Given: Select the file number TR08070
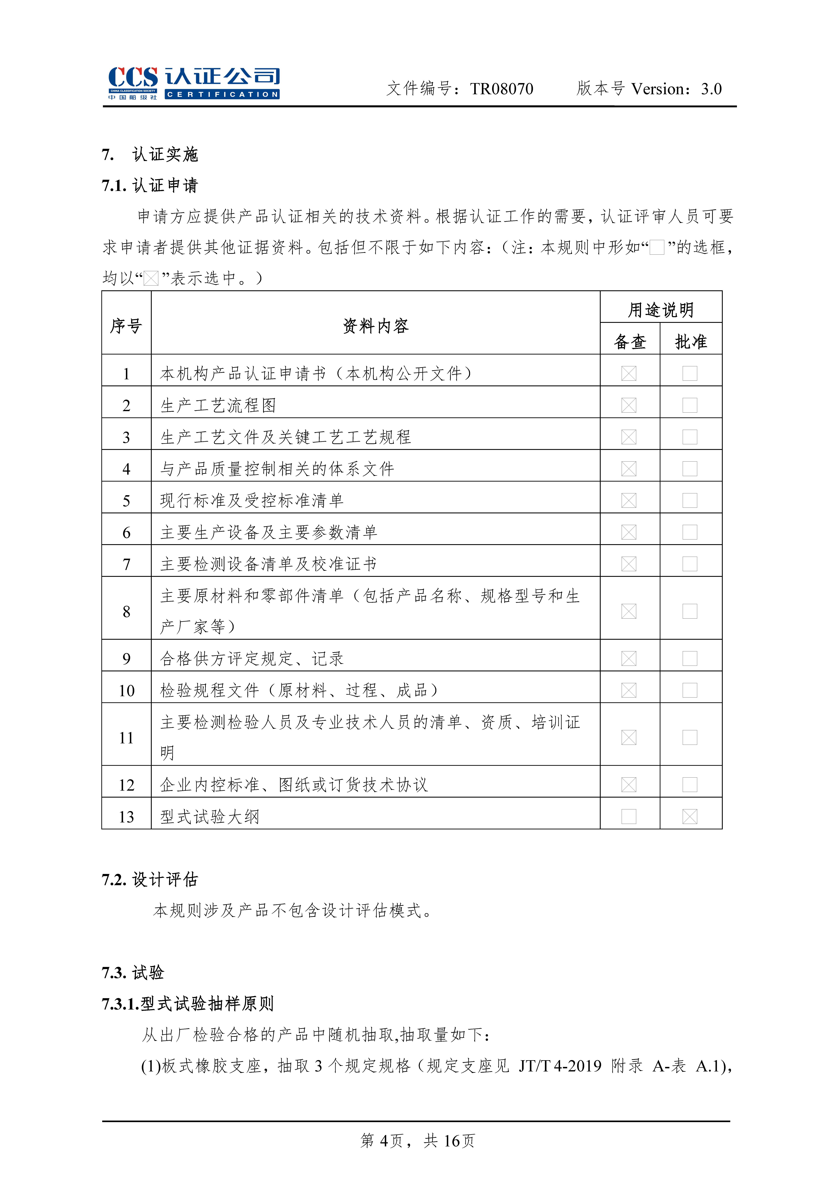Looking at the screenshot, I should click(x=501, y=89).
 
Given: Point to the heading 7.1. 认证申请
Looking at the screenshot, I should click(x=150, y=185).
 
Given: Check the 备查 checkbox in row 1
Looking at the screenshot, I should click(x=629, y=373).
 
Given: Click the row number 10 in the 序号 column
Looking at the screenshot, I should click(x=127, y=690).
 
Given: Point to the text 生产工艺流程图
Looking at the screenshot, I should click(x=218, y=405).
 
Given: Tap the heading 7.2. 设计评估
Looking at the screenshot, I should click(x=150, y=879).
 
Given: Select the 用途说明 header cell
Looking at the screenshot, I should click(x=661, y=310).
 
